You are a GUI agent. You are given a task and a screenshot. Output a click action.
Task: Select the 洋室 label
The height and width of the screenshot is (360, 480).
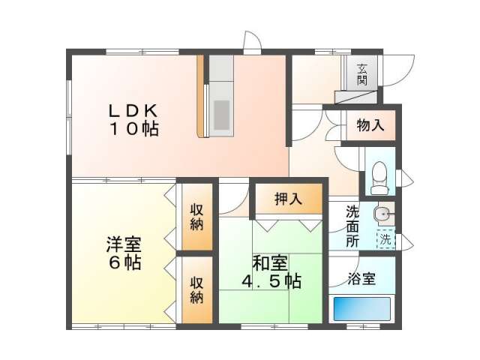[124, 245]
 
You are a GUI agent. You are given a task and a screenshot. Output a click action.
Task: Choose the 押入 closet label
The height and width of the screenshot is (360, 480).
[288, 199]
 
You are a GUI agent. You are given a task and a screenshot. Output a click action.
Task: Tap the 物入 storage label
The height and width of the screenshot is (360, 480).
[370, 125]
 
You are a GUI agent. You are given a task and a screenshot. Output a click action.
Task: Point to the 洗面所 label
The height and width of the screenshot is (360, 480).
[352, 226]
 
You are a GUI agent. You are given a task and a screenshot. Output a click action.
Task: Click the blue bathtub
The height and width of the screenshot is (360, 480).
[361, 309]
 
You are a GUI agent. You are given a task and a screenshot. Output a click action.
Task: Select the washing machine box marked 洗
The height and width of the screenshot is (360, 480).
[384, 241]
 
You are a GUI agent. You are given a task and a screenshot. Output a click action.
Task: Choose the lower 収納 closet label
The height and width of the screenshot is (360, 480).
[196, 289]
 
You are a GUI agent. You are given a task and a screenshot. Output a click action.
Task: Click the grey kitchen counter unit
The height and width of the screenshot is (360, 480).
[221, 97]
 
